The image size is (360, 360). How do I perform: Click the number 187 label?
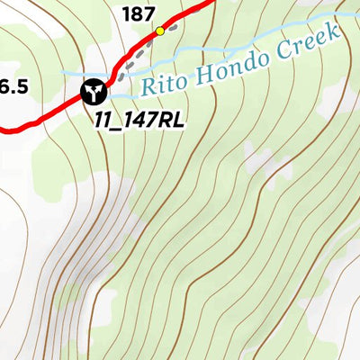(x=139, y=13)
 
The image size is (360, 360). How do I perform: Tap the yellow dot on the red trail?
(x=160, y=31)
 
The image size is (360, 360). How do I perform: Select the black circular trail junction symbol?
(x=93, y=90)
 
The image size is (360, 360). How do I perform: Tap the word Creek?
(x=309, y=40)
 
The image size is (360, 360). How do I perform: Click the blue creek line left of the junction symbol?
(x=72, y=77)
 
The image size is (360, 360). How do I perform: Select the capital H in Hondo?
(x=197, y=76)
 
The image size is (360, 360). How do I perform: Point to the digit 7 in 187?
(x=149, y=13)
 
